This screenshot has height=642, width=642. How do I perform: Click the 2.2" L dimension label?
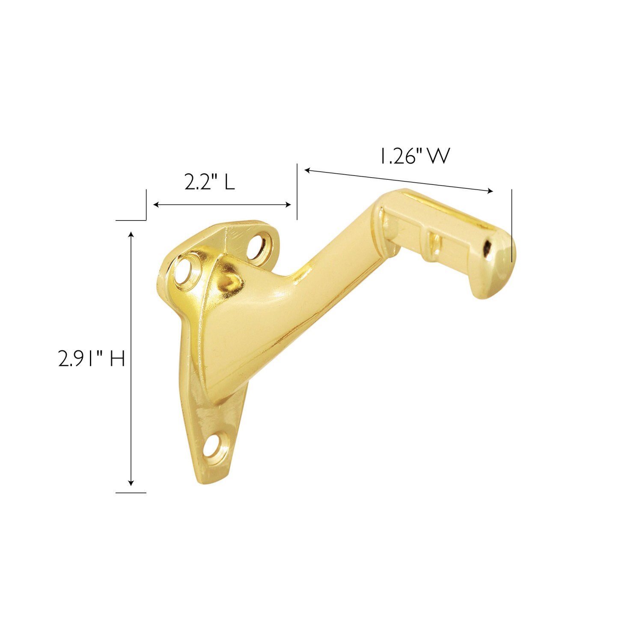(210, 182)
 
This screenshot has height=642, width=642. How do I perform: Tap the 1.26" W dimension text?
(414, 157)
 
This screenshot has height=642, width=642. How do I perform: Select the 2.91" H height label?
(92, 359)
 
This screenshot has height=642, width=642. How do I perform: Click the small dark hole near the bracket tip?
(487, 247)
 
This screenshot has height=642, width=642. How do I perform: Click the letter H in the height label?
(117, 359)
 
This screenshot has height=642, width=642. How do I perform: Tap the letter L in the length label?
(230, 182)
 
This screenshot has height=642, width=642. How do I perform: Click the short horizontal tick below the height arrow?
(131, 493)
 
